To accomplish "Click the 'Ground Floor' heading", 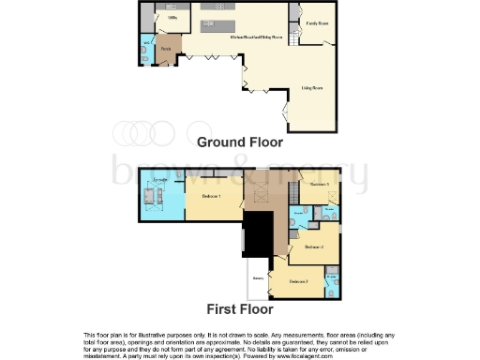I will click(239, 142).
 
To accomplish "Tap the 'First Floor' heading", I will click(239, 307).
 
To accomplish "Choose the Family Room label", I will click(318, 22).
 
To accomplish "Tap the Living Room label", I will click(312, 88).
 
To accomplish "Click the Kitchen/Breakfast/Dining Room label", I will click(252, 37).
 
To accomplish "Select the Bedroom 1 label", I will click(211, 196).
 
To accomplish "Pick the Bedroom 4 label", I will click(314, 247).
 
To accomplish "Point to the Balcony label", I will click(256, 277).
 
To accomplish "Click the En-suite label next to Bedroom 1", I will click(160, 177).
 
